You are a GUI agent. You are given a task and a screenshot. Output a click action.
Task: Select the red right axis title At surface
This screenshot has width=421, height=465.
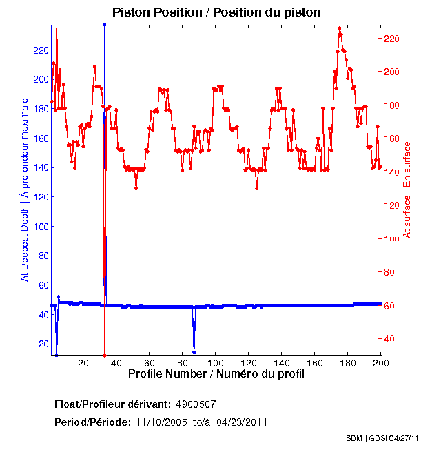coord(407,189)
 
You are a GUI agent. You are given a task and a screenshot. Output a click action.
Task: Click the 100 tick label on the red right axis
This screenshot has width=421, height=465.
coord(392,238)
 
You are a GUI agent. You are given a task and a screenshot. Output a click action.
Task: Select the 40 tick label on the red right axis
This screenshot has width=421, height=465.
coord(390,339)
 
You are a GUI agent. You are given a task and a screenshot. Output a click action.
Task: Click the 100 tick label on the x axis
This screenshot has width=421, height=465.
coord(216,362)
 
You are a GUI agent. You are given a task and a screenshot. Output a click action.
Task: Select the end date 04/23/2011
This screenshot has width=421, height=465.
coord(242,422)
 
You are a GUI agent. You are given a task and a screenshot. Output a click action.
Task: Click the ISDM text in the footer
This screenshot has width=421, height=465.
coord(354,438)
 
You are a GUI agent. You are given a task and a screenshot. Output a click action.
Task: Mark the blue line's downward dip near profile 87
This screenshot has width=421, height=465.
coord(194,351)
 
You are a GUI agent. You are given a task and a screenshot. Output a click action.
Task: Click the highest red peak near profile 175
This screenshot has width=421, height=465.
coord(340,28)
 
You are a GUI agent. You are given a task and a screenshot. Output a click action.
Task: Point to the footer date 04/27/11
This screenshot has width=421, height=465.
coord(403,438)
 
